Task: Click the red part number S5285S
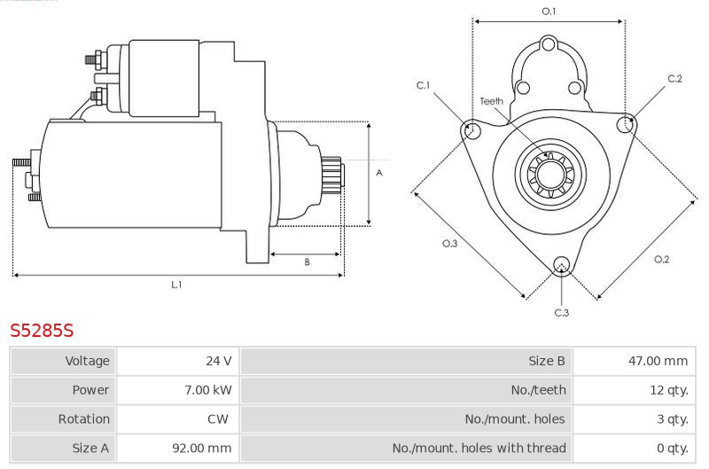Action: point(42,332)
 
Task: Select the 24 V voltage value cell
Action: point(218,361)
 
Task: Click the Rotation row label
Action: point(85,419)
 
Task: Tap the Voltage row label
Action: point(87,361)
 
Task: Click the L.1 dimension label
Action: point(176,285)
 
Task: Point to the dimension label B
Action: point(307,262)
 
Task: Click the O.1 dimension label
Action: point(549,12)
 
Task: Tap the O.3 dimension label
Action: point(449,243)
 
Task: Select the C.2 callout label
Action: point(674,79)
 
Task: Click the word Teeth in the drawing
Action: point(492,101)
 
